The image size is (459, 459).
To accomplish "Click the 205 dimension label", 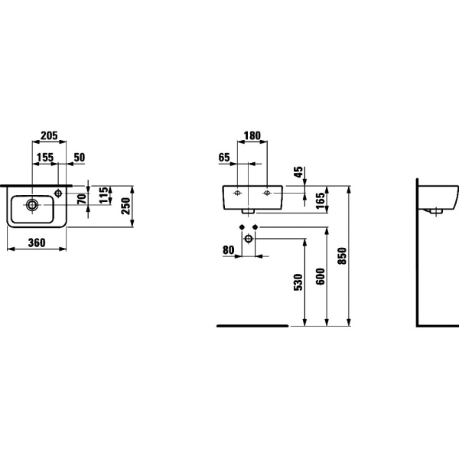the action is coord(49,135).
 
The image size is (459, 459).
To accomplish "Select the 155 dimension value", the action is coord(45,158).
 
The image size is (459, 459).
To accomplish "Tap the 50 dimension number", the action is coord(79,158).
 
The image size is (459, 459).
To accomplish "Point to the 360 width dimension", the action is coord(37,243).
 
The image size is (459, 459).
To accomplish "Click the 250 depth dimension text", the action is coord(126,206).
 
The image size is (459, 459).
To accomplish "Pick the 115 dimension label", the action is coord(103,195).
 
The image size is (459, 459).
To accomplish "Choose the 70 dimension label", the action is coord(83,199).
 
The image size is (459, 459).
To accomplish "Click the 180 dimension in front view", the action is coord(252,135).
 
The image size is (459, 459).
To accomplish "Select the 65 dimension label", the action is coord(224,158).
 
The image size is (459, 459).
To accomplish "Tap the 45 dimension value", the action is coord(298,172).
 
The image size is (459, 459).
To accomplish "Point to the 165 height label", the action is coord(321,200).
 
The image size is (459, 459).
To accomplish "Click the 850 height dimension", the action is coord(342,256).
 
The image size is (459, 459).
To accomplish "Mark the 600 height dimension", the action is coord(321,276).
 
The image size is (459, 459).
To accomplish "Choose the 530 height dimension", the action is coord(298,282).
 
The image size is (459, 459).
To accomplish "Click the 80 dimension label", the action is coord(229,250).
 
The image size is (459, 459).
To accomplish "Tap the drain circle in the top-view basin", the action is coord(31,205).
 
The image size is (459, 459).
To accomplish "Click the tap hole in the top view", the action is coord(59,194).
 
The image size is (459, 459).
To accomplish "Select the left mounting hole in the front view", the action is coord(237,193).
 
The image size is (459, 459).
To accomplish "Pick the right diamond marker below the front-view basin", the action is coord(255,227).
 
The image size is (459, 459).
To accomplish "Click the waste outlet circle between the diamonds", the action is coord(249,239).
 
